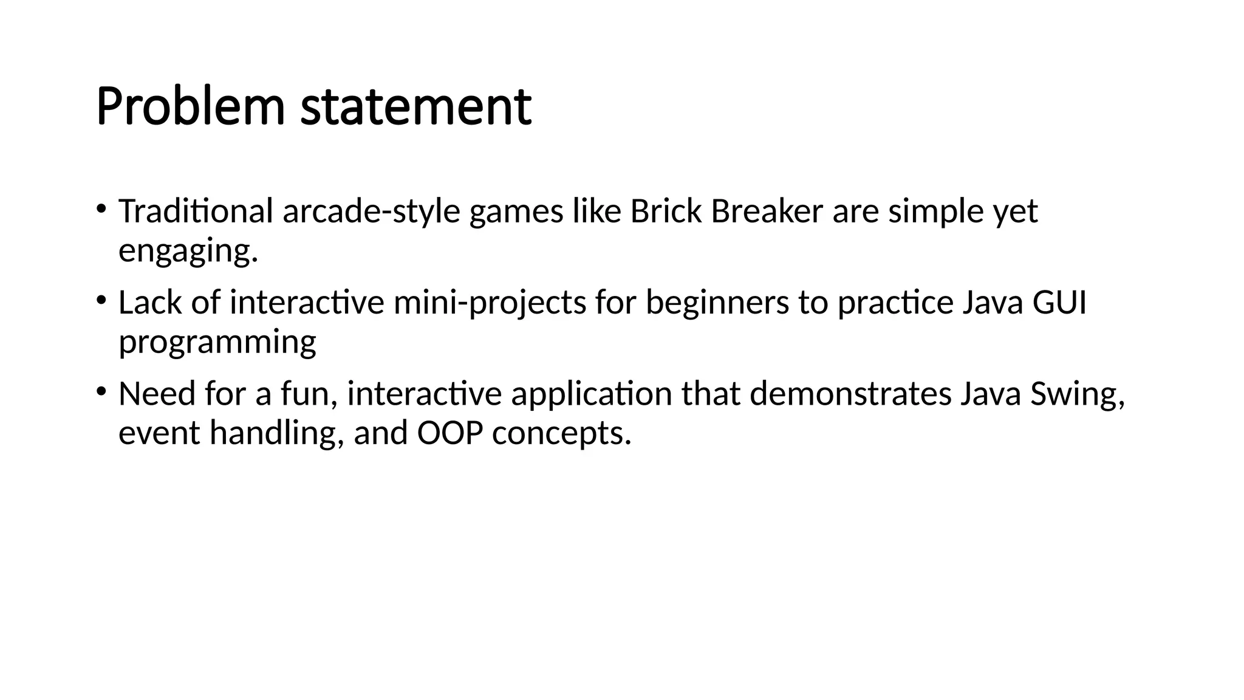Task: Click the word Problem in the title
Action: (190, 108)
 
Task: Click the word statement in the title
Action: (416, 108)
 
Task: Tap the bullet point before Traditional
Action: (101, 210)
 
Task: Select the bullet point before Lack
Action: (101, 301)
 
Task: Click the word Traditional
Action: (196, 211)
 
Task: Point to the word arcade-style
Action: (371, 211)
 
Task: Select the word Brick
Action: (665, 211)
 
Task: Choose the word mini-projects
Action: (490, 303)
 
